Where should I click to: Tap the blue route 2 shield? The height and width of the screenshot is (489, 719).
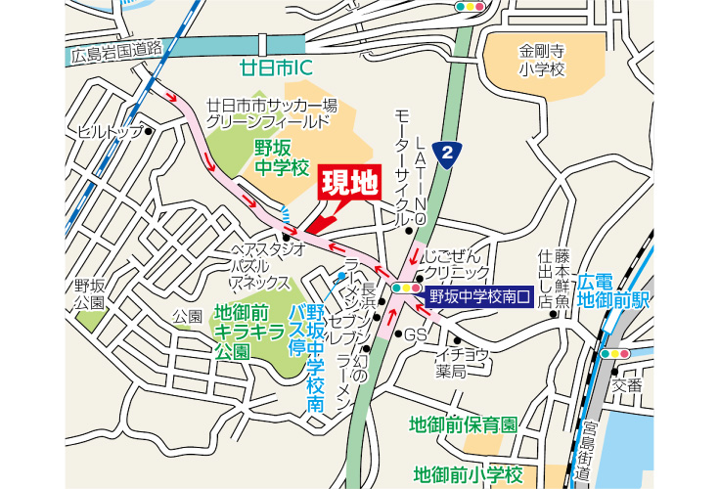(448, 154)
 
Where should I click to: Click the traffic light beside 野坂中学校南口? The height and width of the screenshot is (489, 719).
(405, 289)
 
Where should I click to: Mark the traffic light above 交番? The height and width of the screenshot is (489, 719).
(615, 353)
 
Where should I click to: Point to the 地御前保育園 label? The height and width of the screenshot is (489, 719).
(463, 424)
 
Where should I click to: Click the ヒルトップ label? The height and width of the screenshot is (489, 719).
(110, 131)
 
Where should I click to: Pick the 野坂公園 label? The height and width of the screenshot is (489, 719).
(89, 293)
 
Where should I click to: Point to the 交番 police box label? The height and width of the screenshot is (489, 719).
(627, 384)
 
